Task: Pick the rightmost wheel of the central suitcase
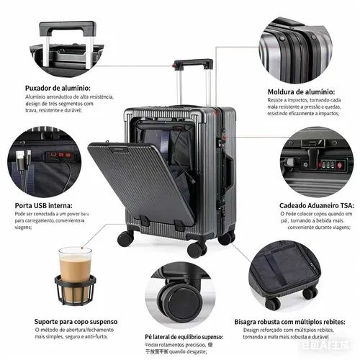point(226,235)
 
